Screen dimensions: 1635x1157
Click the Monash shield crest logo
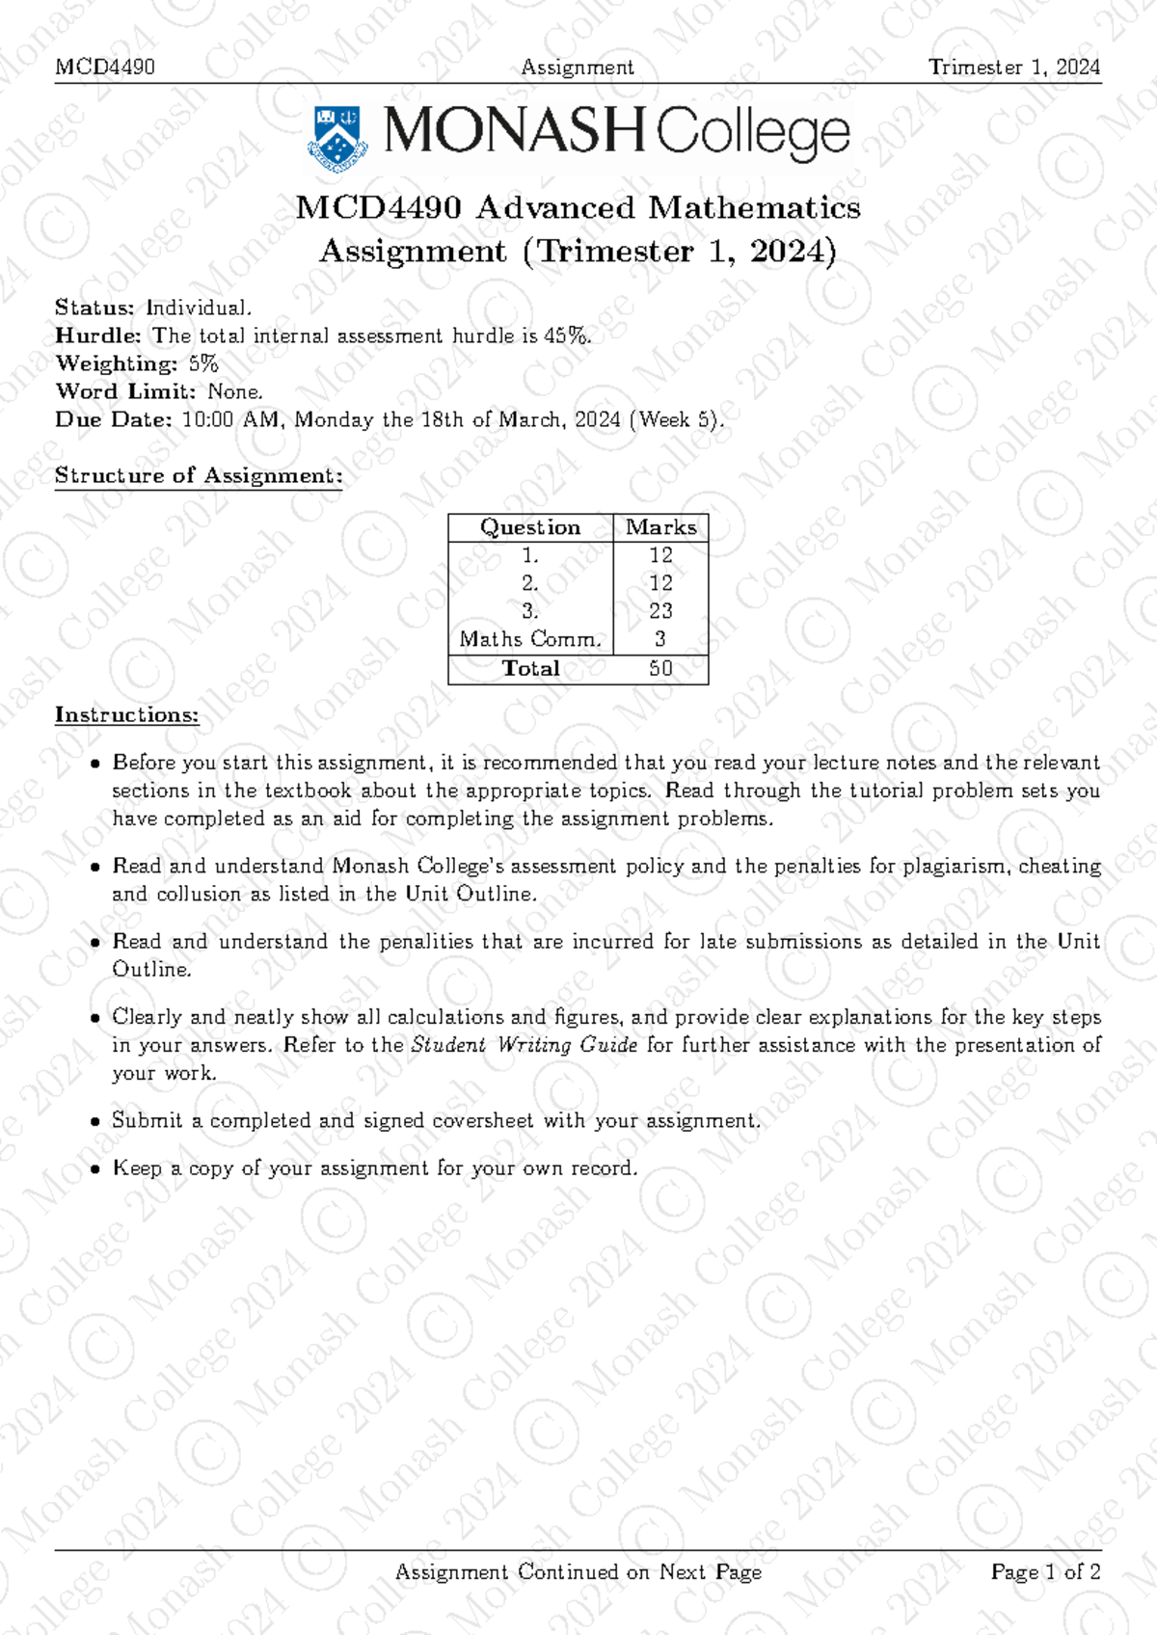tap(337, 138)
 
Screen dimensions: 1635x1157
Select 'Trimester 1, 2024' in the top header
tap(1013, 67)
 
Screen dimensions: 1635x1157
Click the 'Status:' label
tap(94, 308)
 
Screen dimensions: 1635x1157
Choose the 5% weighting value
tap(203, 363)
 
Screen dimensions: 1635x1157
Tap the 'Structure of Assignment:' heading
tap(199, 475)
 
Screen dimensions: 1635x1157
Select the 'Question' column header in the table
tap(530, 527)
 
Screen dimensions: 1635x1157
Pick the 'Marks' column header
tap(660, 527)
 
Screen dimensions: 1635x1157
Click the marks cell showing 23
tap(660, 611)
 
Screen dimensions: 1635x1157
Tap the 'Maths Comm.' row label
tap(530, 639)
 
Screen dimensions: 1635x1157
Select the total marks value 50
tap(660, 668)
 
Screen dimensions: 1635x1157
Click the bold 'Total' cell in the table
tap(530, 668)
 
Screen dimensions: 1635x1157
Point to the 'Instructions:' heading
tap(126, 714)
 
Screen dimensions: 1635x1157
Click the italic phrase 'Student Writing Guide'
tap(524, 1045)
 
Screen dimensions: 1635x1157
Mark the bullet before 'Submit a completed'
tap(94, 1122)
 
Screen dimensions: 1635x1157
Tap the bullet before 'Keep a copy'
tap(94, 1169)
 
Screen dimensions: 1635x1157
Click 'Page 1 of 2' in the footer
tap(1045, 1572)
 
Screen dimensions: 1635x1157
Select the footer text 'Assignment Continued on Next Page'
tap(578, 1572)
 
